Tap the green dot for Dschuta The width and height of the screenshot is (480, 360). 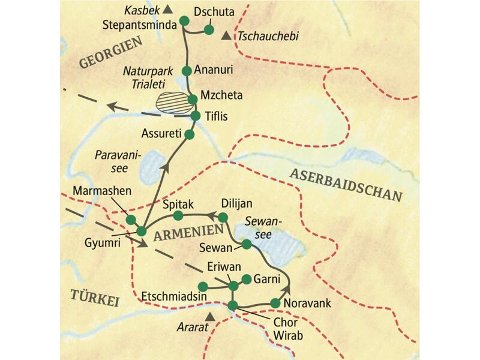(209, 29)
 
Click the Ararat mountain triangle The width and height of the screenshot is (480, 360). (209, 316)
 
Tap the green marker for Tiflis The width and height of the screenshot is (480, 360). (194, 116)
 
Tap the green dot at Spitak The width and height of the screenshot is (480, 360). (177, 215)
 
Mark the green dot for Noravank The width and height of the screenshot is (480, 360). (275, 304)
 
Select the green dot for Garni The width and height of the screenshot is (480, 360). (245, 279)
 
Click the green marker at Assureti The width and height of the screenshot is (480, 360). (190, 134)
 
